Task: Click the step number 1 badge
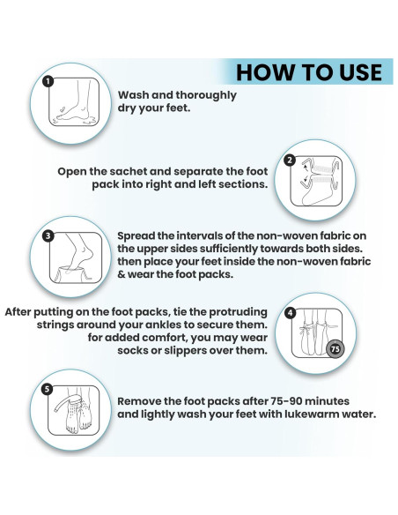point(48,81)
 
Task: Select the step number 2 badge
point(290,160)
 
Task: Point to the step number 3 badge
point(48,235)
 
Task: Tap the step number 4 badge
point(290,313)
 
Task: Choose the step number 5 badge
point(48,389)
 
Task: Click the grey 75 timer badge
point(335,349)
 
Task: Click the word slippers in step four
point(185,350)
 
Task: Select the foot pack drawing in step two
point(317,183)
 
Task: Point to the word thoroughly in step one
point(206,95)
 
